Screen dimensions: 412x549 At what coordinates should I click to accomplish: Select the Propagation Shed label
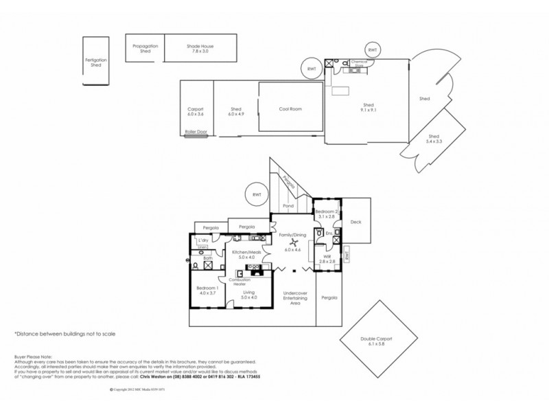(x=145, y=47)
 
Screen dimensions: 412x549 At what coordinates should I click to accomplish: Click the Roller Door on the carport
(x=196, y=135)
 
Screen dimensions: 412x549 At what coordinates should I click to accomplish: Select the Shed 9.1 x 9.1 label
(x=368, y=108)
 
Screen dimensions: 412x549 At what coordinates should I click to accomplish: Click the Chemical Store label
(x=360, y=62)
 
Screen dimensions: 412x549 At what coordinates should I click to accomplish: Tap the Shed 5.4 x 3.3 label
(x=434, y=138)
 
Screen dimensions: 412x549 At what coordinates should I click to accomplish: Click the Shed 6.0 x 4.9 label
(x=235, y=111)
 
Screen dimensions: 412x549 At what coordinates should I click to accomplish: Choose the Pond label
(x=288, y=205)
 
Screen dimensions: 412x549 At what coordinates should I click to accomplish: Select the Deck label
(x=355, y=222)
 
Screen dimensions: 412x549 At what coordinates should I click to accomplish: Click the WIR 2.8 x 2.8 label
(x=326, y=260)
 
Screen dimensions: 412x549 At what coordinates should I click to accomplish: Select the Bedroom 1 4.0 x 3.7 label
(x=207, y=290)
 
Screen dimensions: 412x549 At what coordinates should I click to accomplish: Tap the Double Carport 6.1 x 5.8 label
(x=377, y=341)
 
